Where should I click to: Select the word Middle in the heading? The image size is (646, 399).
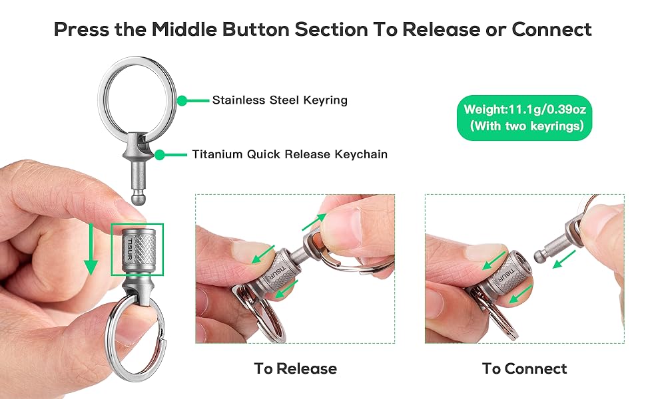tap(189, 29)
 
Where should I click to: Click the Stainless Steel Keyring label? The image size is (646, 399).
tap(280, 100)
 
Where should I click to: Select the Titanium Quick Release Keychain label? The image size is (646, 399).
tap(290, 154)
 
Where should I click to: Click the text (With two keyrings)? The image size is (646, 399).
tap(522, 126)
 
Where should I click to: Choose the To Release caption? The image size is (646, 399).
tap(295, 368)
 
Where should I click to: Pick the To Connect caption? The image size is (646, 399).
tap(524, 368)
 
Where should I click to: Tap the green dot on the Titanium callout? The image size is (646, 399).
tap(160, 154)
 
